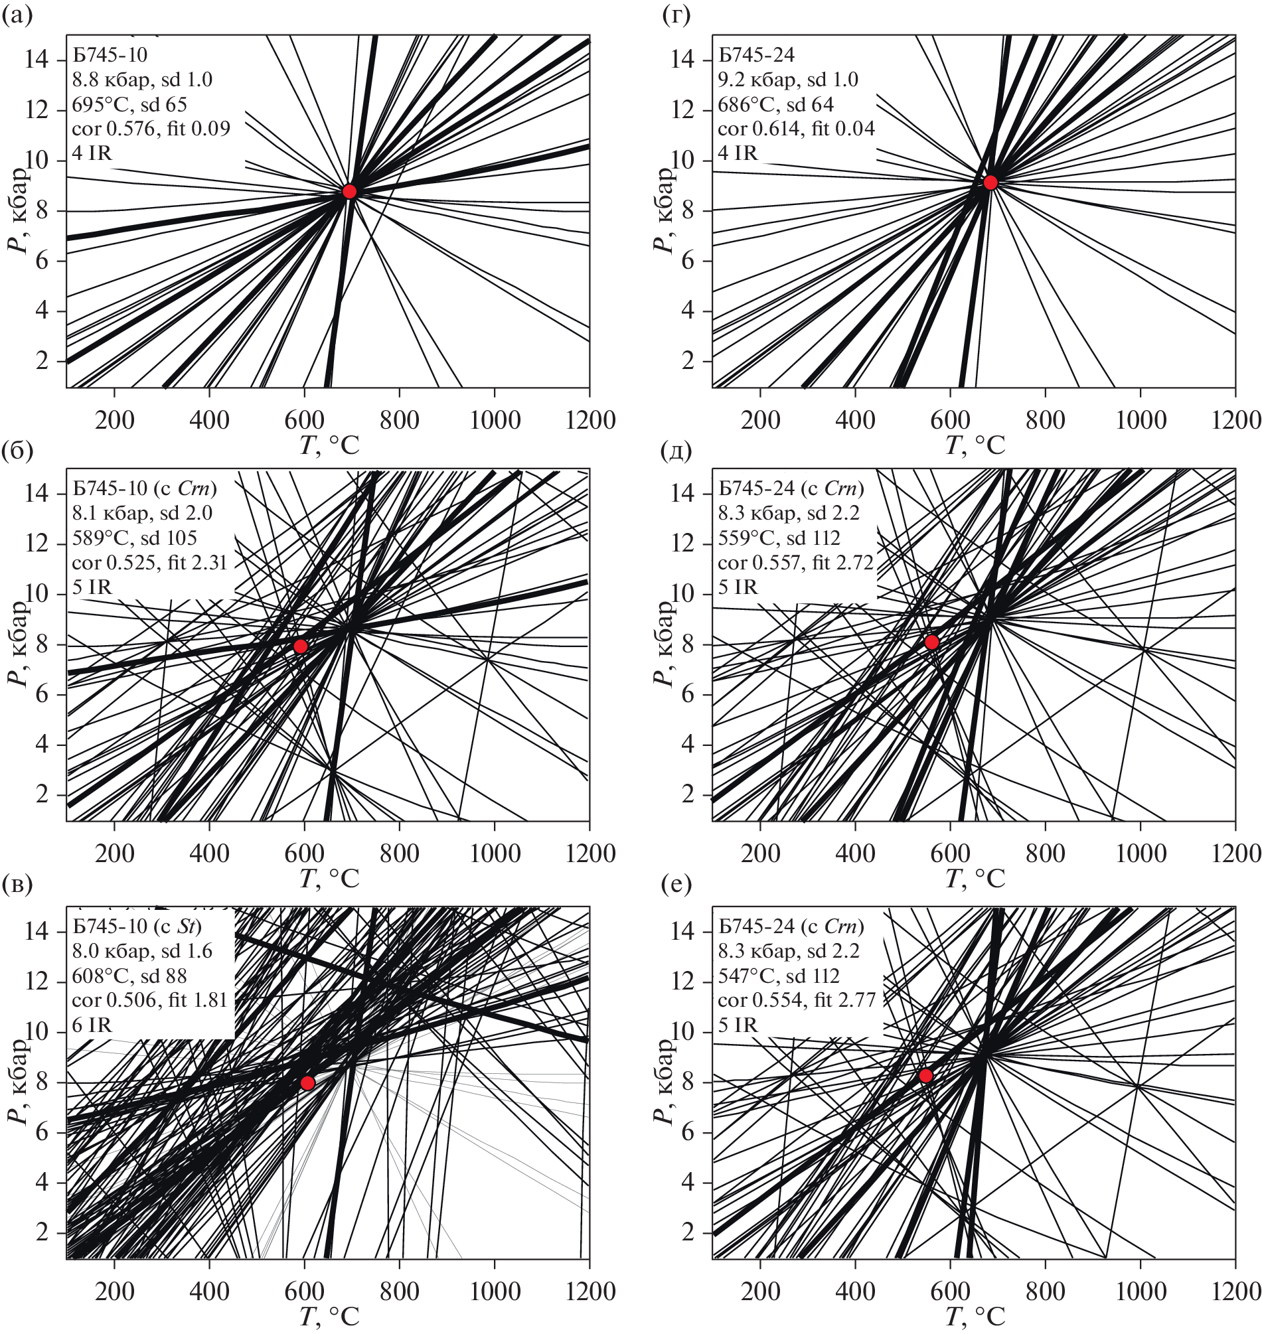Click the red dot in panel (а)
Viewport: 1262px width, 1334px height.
[x=349, y=192]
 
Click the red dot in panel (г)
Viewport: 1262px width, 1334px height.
[x=990, y=183]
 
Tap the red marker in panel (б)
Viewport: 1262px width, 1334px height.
[x=301, y=646]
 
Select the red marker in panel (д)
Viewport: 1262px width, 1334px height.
[x=931, y=642]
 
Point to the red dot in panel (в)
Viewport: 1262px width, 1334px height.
[x=307, y=1083]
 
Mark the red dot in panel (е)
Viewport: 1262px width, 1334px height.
[x=925, y=1076]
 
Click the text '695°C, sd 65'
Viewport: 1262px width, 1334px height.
[x=129, y=104]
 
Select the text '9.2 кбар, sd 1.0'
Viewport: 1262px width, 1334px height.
[x=788, y=80]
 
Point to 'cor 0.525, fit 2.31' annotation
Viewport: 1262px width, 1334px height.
[x=149, y=562]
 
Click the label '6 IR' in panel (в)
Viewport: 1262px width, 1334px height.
[x=92, y=1025]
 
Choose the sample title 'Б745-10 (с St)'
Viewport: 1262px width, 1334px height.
[x=137, y=926]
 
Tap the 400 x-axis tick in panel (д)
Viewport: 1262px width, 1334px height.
[x=855, y=853]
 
